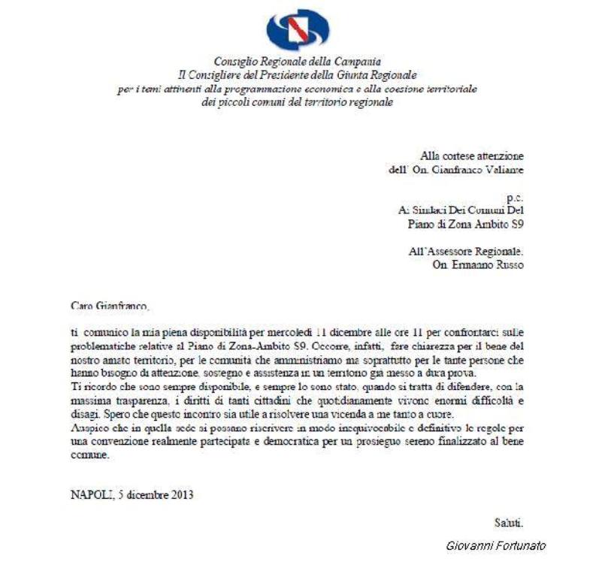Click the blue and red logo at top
[298, 30]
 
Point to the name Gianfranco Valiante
[485, 170]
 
